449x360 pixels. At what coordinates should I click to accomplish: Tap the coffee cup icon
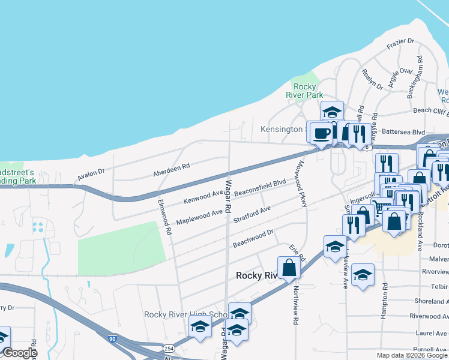[321, 133]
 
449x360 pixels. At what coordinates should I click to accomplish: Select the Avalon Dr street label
[91, 175]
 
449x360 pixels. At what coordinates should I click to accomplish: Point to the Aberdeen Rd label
[171, 166]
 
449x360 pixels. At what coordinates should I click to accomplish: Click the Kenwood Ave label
[203, 196]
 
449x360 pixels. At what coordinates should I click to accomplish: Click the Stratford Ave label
[252, 213]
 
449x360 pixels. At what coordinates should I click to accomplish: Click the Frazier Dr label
[400, 41]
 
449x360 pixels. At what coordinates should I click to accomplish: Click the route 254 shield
[169, 348]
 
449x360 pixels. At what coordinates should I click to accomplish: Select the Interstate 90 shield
[113, 339]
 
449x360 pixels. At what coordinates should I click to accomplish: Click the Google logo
[20, 353]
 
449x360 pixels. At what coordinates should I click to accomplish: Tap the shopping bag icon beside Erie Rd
[289, 268]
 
